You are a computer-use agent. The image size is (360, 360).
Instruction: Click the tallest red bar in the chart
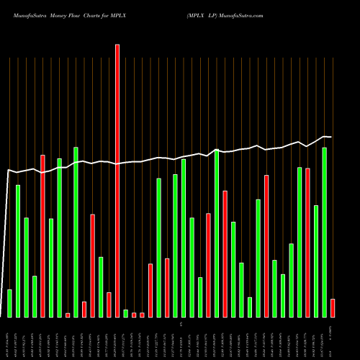pos(117,180)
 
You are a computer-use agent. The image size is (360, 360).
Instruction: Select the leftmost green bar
pos(9,303)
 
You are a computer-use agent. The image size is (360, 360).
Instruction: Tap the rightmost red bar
pos(333,308)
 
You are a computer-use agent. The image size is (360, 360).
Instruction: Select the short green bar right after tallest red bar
pos(125,313)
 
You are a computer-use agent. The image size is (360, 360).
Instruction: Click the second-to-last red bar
pos(308,242)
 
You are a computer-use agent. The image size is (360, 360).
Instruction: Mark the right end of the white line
pos(331,137)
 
